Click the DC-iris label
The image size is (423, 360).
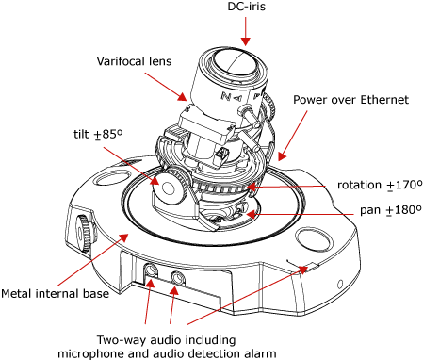click(x=246, y=7)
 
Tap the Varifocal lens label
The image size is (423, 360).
click(x=134, y=61)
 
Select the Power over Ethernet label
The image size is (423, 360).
click(x=350, y=100)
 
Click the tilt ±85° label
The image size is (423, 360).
click(x=98, y=134)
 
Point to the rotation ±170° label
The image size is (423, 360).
click(x=380, y=185)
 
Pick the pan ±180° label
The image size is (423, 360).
click(x=391, y=209)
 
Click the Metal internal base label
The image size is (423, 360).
click(x=55, y=294)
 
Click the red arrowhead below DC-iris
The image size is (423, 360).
click(x=246, y=41)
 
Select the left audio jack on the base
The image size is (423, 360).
click(x=151, y=270)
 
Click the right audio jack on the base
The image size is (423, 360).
click(x=178, y=277)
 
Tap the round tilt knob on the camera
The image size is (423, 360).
click(x=168, y=188)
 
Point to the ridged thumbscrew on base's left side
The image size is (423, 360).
click(x=85, y=233)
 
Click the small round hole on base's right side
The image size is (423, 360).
click(x=340, y=285)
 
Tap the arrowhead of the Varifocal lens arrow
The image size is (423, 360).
click(x=182, y=97)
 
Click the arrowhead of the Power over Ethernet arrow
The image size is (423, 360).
click(x=282, y=156)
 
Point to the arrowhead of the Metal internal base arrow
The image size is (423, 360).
click(x=123, y=237)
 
